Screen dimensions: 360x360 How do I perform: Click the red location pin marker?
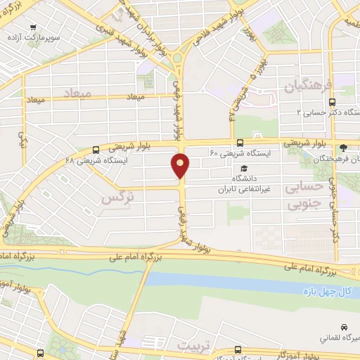(x=181, y=165)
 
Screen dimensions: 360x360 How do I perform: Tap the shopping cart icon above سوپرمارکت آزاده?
(x=34, y=28)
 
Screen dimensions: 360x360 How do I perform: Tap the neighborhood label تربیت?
(x=193, y=346)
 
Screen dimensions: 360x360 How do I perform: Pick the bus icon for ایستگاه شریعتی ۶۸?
(x=96, y=149)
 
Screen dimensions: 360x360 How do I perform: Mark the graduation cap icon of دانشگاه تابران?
(x=244, y=169)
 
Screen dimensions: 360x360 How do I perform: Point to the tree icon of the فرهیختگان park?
(x=343, y=148)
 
